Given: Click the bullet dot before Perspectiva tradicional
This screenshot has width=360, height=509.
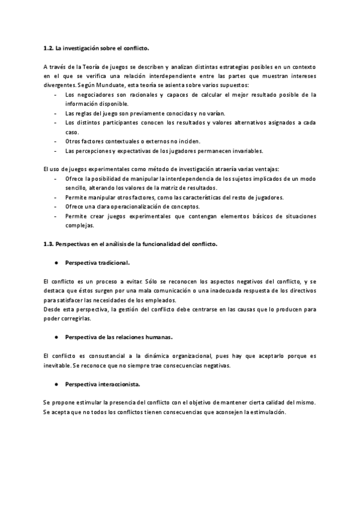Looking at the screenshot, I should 56,263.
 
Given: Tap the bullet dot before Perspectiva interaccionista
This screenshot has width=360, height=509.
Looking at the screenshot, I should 56,383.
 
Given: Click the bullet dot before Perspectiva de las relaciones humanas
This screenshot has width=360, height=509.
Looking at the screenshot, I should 56,337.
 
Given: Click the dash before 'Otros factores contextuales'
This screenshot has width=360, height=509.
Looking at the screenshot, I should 56,141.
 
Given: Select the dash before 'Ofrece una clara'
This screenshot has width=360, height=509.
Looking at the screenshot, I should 56,206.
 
